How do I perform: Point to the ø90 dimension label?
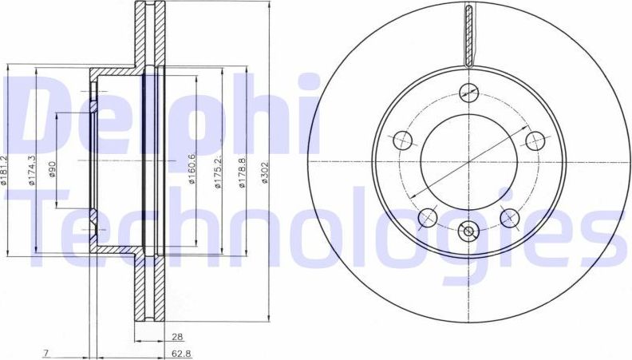click(53, 170)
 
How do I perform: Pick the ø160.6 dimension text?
click(192, 169)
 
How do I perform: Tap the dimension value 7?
click(48, 353)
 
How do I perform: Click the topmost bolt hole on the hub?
click(468, 92)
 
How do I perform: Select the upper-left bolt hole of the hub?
click(403, 141)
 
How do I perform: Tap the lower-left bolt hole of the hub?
click(428, 216)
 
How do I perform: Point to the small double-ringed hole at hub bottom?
click(468, 232)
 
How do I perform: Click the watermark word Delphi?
click(164, 116)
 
